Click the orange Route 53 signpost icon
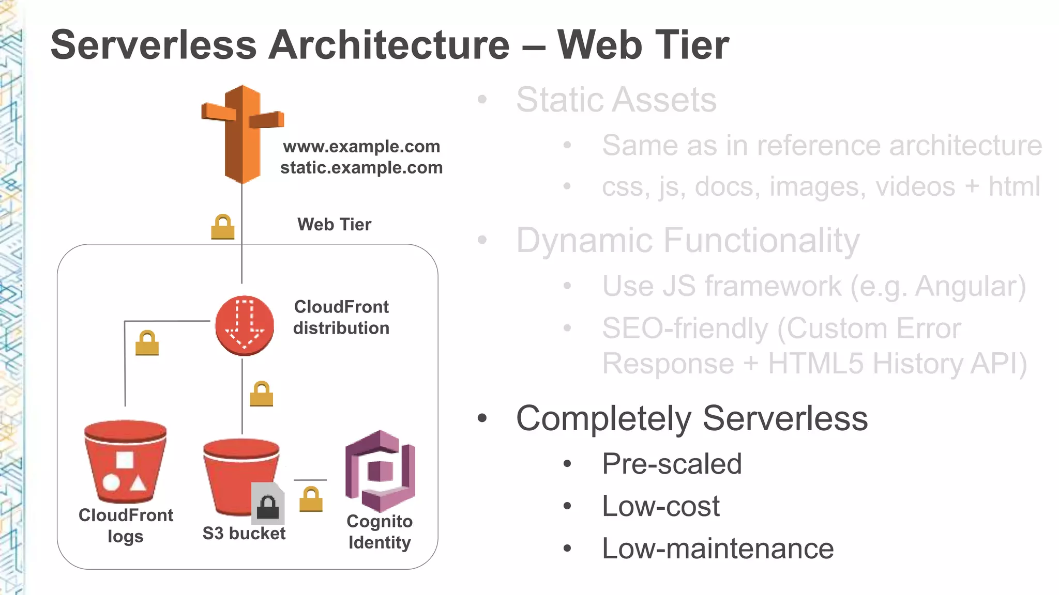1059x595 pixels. pos(242,134)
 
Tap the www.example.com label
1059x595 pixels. pos(361,147)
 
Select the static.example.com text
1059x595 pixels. pos(361,168)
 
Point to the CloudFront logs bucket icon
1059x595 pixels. pos(126,462)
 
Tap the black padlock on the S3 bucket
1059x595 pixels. pos(268,506)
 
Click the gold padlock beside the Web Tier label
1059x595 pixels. pos(223,227)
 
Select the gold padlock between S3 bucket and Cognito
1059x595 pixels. pos(311,500)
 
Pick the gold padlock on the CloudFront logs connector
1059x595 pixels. pos(147,343)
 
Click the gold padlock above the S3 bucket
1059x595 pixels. pos(262,394)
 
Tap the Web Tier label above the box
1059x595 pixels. pos(334,225)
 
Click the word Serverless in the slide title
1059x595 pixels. pos(154,45)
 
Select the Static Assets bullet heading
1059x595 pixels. pos(616,100)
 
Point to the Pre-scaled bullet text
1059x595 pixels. pos(672,464)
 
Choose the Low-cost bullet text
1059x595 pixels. pos(660,506)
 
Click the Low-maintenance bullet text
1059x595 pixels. pos(718,549)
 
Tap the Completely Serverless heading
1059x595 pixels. pos(691,418)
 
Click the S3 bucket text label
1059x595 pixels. pos(244,534)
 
